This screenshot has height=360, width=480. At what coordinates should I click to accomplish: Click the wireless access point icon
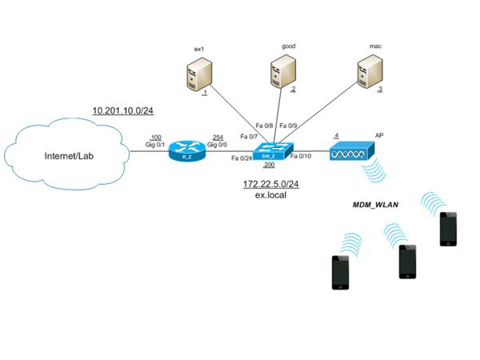coord(351,150)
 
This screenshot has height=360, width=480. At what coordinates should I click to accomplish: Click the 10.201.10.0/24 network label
coord(124,109)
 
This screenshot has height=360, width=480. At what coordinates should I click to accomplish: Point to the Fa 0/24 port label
coord(241,158)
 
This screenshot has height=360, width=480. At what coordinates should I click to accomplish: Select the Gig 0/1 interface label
coord(154,144)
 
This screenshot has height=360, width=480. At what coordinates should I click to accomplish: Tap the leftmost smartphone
coord(342,273)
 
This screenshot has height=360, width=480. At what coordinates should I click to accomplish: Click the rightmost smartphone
coord(448,229)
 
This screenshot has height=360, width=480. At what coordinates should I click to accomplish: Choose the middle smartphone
coord(409,261)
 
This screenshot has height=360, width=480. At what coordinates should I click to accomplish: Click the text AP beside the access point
coord(379,136)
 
